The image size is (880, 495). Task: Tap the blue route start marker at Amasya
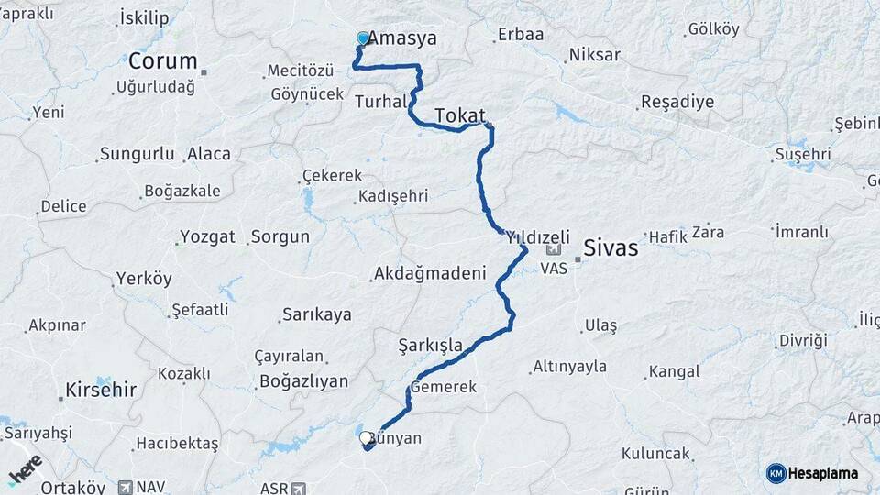coord(363,38)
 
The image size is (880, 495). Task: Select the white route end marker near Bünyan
coord(367,438)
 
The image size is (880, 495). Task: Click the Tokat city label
coord(459,115)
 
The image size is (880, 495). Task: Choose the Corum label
coord(162,61)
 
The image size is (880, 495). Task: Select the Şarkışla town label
coord(431,345)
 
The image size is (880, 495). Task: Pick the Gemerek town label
coord(444,387)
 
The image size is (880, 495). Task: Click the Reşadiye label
coord(676,101)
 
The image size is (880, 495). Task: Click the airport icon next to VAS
coord(553,250)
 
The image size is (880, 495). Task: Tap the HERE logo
coord(25,469)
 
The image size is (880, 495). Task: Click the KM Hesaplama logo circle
coord(775,473)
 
